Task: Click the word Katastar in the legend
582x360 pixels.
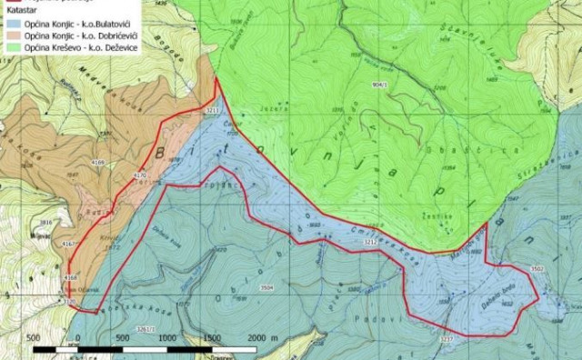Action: click(19, 6)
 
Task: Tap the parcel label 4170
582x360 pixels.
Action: click(140, 175)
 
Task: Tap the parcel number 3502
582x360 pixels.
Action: click(537, 269)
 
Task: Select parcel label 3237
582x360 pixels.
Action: click(446, 339)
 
